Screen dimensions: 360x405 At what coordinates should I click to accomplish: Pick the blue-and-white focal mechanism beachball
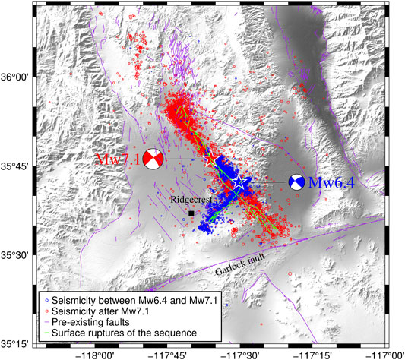click(297, 182)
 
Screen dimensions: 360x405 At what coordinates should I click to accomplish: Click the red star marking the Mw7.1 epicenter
click(212, 158)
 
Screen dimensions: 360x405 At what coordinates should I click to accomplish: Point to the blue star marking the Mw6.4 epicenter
click(240, 183)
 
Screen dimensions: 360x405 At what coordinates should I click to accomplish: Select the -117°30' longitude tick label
click(244, 354)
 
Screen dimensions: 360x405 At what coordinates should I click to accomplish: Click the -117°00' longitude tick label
click(390, 354)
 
